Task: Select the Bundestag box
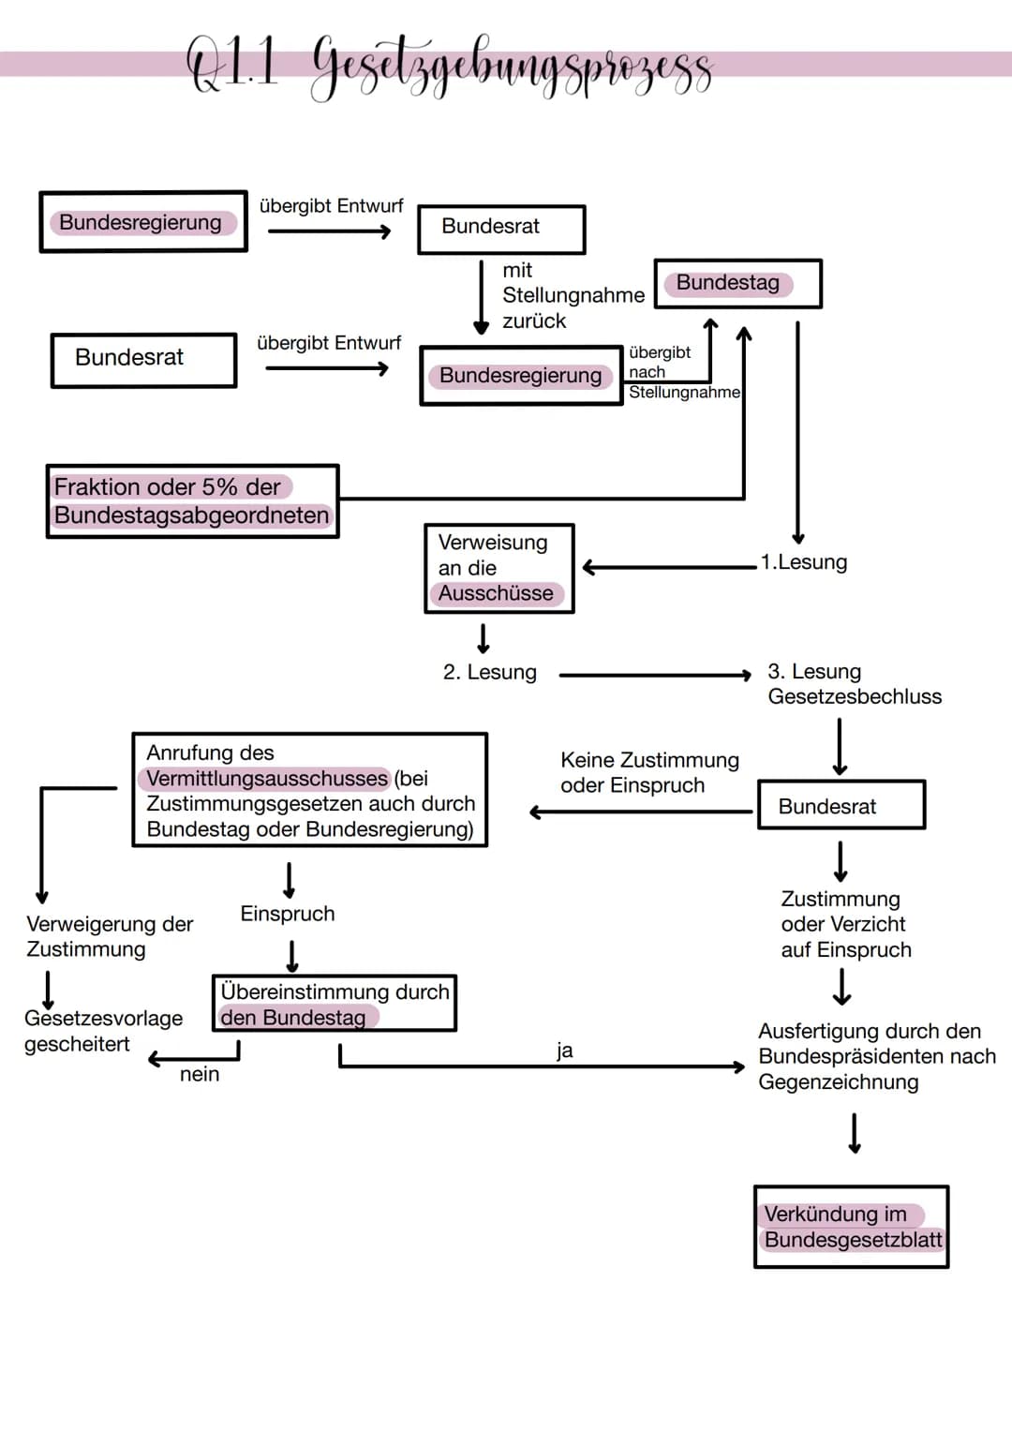[737, 284]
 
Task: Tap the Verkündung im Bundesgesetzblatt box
[851, 1227]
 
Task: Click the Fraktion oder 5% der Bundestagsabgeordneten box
[192, 501]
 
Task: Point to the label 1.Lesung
[804, 562]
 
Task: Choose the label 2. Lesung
[490, 673]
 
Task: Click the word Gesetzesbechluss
[855, 696]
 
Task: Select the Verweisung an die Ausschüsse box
[499, 568]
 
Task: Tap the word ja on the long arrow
[564, 1051]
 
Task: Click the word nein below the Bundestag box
[200, 1074]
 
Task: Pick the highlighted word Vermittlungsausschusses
[267, 779]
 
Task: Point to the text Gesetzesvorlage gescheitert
[103, 1031]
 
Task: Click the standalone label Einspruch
[288, 914]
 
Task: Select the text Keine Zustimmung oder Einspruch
[649, 773]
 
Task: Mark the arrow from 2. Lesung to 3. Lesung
[655, 675]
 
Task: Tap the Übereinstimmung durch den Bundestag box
[335, 1004]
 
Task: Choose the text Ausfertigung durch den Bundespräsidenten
[876, 1056]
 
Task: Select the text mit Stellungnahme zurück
[573, 295]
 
